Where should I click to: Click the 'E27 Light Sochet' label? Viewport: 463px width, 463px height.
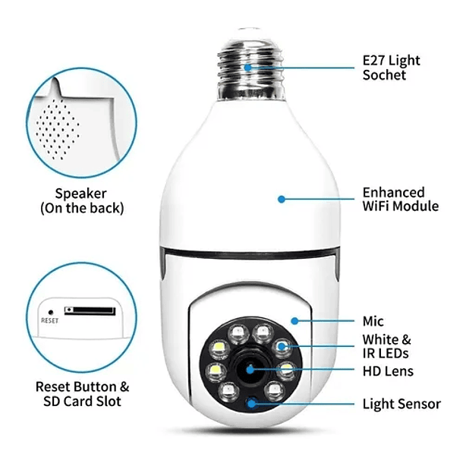click(x=391, y=68)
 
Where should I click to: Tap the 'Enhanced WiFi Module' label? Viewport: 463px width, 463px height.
click(x=401, y=199)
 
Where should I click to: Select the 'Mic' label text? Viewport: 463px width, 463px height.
click(x=373, y=321)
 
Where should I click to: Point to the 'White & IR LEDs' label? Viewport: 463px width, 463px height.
click(x=386, y=346)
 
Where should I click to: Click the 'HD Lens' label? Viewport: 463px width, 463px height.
click(x=388, y=371)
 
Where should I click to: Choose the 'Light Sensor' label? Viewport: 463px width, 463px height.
click(x=402, y=404)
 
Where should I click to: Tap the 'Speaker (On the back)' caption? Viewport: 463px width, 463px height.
click(x=82, y=200)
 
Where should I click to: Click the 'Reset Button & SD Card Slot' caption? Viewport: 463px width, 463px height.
click(x=82, y=394)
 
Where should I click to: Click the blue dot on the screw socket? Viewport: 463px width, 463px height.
click(x=248, y=68)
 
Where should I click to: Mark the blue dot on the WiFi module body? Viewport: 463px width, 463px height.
click(x=282, y=200)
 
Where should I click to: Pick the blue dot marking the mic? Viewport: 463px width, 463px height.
click(x=294, y=321)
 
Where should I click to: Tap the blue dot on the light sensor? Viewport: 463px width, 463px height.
click(x=251, y=403)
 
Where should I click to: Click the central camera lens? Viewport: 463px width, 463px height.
click(x=250, y=369)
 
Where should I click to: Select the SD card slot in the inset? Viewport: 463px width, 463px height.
click(x=90, y=311)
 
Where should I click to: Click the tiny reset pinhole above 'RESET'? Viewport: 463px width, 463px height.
click(x=51, y=312)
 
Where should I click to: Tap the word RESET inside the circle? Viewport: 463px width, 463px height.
click(x=49, y=320)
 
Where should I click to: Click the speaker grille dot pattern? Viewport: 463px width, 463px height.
click(x=58, y=129)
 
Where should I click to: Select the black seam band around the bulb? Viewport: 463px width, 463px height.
click(x=250, y=255)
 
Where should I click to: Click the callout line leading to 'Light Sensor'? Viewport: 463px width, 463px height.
click(x=303, y=404)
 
